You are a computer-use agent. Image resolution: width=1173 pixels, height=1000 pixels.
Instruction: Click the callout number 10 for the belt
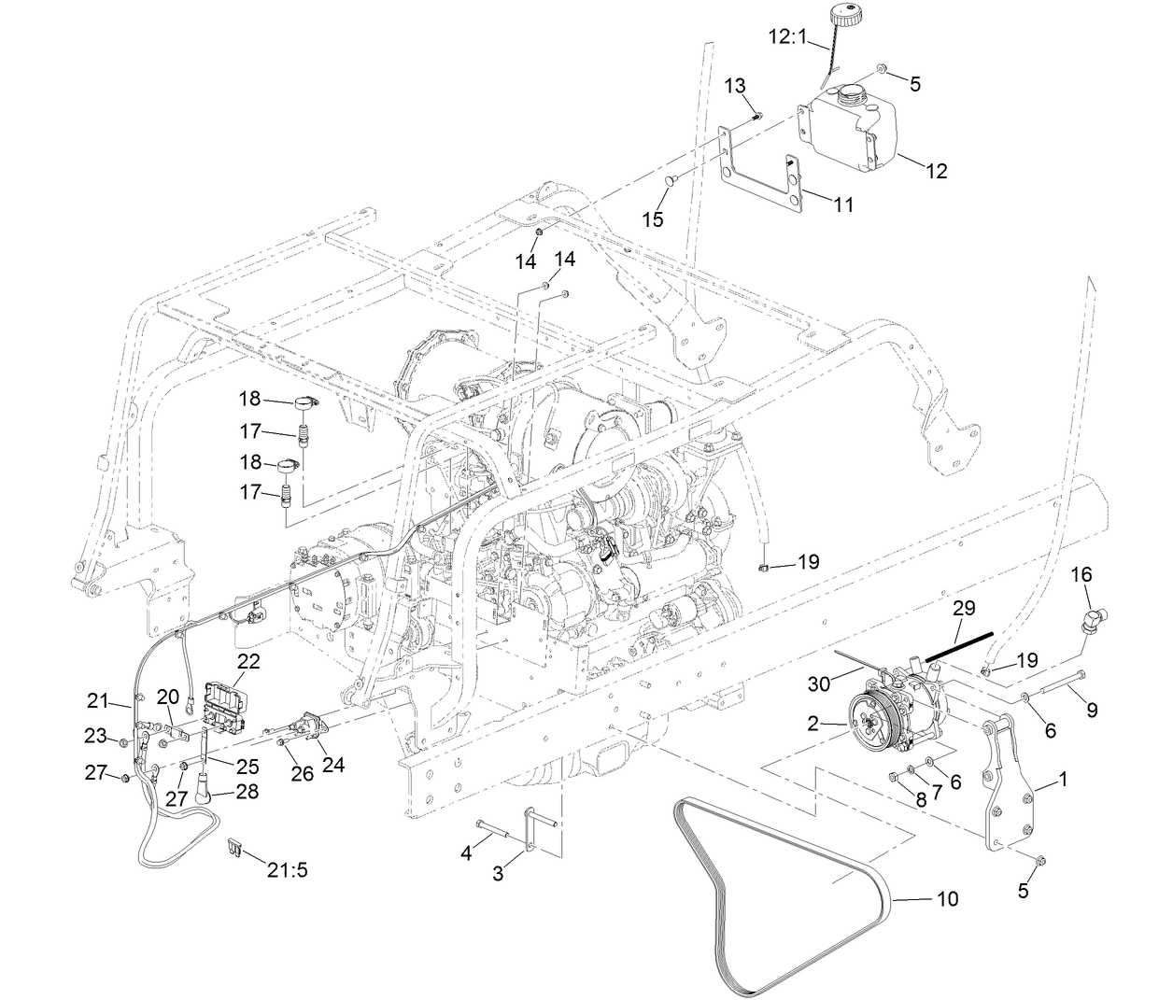tap(947, 900)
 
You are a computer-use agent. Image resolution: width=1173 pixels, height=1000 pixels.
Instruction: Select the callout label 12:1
tap(786, 37)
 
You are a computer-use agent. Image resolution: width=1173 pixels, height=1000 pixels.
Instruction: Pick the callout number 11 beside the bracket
tap(843, 204)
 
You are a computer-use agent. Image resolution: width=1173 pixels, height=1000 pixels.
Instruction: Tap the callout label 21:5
tap(287, 870)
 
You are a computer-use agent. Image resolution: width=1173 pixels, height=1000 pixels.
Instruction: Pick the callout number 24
tap(333, 765)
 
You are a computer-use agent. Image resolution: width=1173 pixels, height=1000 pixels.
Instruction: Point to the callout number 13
tap(735, 86)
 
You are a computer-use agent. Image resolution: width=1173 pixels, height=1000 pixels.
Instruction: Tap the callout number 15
tap(653, 218)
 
